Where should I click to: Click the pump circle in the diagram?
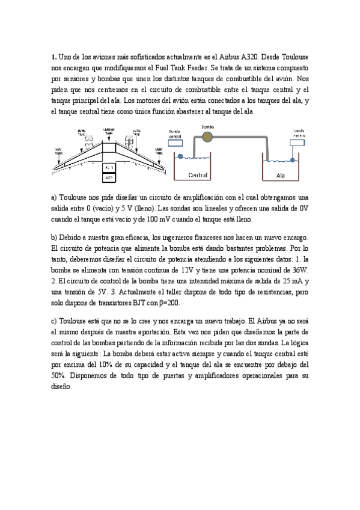[207, 138]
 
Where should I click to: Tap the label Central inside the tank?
[198, 176]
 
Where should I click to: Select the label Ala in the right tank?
[281, 176]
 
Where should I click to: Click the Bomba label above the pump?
[207, 127]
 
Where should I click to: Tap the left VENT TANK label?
[58, 150]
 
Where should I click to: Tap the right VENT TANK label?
[159, 150]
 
